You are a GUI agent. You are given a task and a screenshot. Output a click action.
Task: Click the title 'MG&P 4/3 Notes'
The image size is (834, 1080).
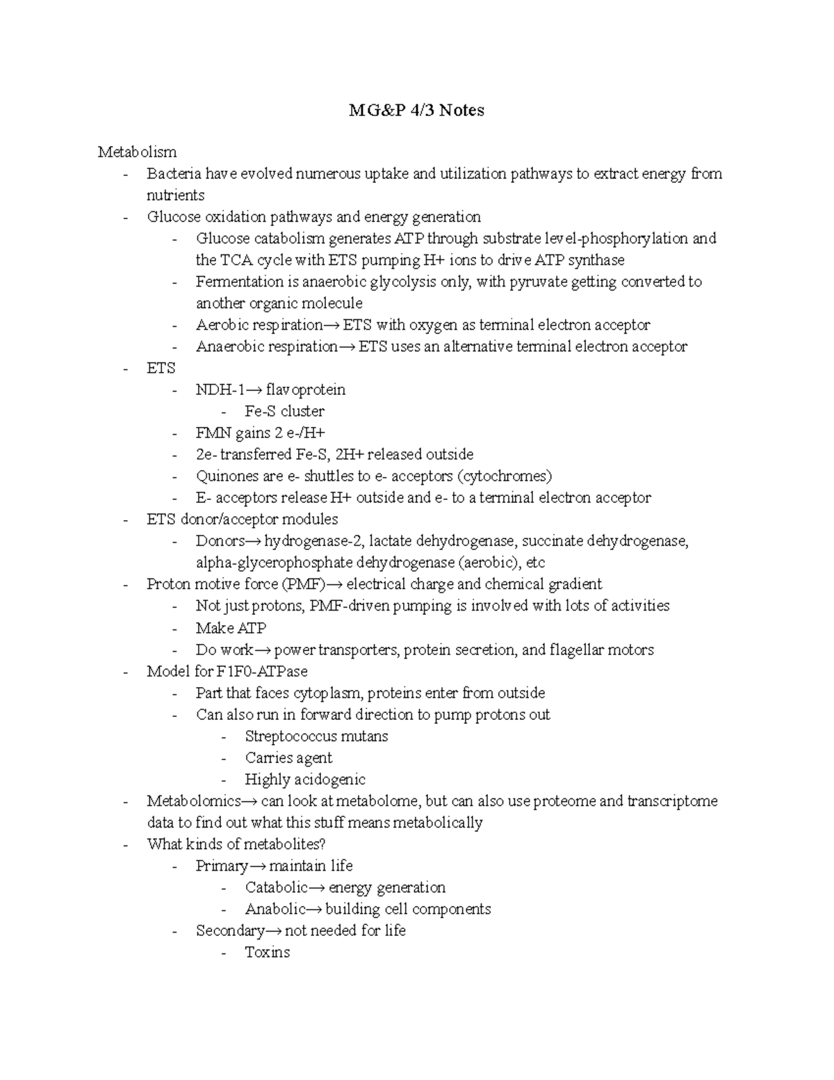pyautogui.click(x=416, y=110)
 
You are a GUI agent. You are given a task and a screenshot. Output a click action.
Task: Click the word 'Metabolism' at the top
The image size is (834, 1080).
pyautogui.click(x=137, y=152)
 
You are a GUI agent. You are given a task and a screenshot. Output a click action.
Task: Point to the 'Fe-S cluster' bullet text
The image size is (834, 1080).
pyautogui.click(x=284, y=411)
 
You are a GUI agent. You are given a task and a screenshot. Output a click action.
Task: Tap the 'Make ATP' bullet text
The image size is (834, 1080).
pyautogui.click(x=231, y=628)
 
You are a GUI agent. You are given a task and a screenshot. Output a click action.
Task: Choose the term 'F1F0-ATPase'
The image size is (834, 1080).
pyautogui.click(x=262, y=671)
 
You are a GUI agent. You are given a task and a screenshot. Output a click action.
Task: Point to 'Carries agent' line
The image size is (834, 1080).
pyautogui.click(x=288, y=757)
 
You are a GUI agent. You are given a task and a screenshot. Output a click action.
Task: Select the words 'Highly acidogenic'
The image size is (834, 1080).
pyautogui.click(x=305, y=780)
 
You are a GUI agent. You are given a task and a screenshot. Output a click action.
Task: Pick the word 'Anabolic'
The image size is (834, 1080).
pyautogui.click(x=275, y=909)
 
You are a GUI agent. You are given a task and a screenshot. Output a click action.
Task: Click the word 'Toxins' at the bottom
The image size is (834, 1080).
pyautogui.click(x=267, y=952)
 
